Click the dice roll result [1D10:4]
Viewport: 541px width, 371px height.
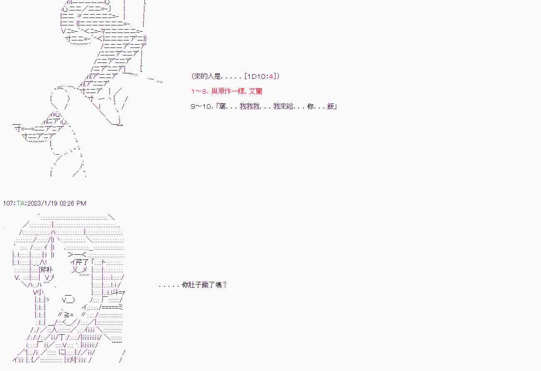[261, 76]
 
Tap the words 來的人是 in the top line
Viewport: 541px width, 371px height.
[208, 76]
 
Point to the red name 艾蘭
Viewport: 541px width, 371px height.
[256, 91]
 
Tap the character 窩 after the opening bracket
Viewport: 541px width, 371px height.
[222, 106]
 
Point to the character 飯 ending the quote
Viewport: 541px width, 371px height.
[331, 106]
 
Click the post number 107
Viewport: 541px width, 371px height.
[8, 203]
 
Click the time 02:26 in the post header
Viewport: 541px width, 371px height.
[67, 203]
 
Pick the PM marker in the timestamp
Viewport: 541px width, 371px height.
[81, 203]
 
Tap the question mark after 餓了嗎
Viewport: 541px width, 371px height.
[225, 285]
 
